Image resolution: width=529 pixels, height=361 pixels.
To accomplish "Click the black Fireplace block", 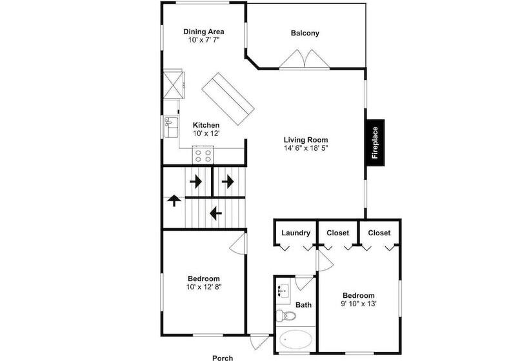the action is [x=375, y=142].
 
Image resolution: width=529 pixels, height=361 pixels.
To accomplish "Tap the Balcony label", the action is [x=305, y=33].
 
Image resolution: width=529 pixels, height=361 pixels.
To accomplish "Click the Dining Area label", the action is [x=203, y=32].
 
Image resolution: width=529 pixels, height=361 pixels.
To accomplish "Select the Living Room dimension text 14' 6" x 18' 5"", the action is [x=306, y=148].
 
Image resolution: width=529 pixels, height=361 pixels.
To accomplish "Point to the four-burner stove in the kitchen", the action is [x=203, y=155].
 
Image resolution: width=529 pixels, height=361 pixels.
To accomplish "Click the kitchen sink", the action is [x=171, y=127].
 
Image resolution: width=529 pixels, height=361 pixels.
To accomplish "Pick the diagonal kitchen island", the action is [x=228, y=99].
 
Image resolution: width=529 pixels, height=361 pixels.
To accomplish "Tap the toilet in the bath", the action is [x=286, y=316].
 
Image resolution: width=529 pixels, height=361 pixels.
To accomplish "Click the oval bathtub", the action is [x=295, y=340].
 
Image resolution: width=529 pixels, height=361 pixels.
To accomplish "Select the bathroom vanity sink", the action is [x=283, y=290].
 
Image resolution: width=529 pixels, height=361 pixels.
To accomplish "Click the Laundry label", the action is [x=296, y=233].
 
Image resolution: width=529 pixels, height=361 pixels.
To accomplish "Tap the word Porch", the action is [x=223, y=358].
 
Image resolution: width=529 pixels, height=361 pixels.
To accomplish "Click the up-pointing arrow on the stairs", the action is [x=174, y=200].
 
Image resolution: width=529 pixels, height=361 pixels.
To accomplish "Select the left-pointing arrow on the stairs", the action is [x=215, y=213].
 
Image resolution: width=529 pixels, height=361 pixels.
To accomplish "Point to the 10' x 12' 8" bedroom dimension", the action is [x=204, y=287].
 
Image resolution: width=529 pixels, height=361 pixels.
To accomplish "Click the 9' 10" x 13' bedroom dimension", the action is [x=359, y=304].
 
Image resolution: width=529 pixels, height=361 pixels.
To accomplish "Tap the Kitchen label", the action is [x=206, y=125].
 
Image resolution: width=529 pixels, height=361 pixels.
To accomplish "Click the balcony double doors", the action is [x=304, y=59].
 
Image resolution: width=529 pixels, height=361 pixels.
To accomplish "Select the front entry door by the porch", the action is [x=259, y=342].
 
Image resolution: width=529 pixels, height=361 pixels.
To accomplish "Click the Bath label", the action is [x=304, y=305].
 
